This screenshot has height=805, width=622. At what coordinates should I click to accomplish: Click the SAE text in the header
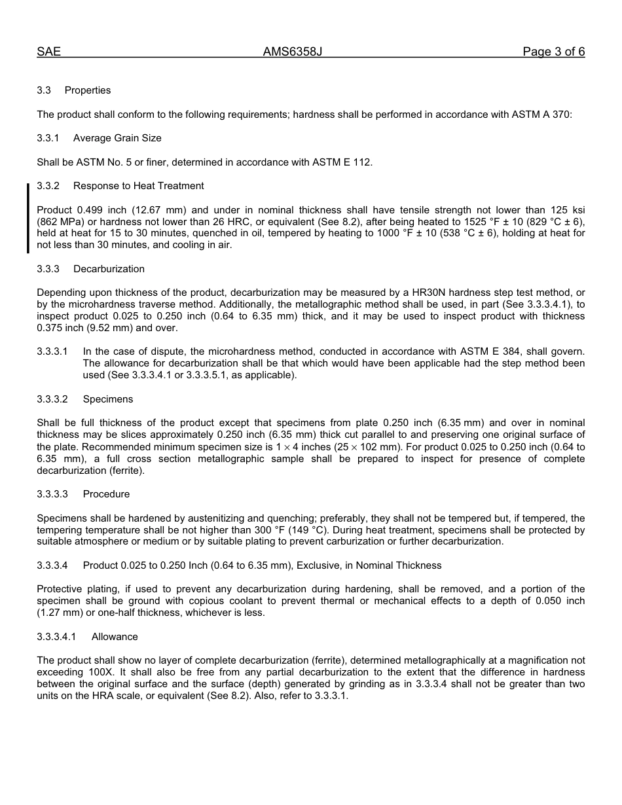click(x=48, y=52)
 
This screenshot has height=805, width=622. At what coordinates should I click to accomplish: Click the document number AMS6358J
click(x=292, y=52)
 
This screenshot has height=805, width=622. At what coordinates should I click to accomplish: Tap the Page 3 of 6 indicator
click(x=553, y=52)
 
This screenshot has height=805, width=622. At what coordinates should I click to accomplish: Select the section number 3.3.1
click(x=48, y=138)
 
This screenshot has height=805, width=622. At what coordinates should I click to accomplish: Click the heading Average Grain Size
click(x=117, y=138)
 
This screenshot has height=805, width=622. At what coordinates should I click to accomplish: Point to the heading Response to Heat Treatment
click(x=138, y=186)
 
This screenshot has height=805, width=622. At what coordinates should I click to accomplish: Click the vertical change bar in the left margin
click(x=28, y=218)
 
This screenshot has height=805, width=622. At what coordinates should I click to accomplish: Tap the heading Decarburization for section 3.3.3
click(x=109, y=269)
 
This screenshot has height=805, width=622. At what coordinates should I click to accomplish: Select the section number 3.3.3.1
click(x=52, y=351)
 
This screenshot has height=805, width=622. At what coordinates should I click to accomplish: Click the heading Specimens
click(x=108, y=399)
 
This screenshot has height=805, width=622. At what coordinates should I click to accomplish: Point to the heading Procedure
click(x=106, y=494)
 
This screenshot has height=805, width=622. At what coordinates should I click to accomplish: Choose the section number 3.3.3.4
click(x=52, y=565)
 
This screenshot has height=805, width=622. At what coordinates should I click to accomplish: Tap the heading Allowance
click(x=115, y=637)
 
